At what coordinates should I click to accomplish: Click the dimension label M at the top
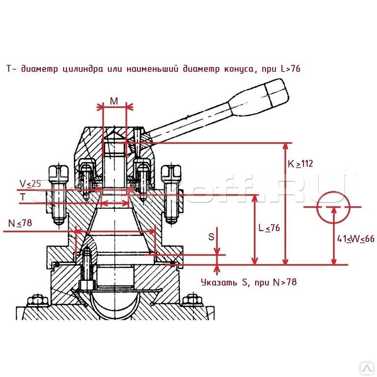[x=114, y=102]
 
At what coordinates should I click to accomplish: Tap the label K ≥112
[x=300, y=164]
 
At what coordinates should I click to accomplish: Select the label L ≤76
[x=269, y=228]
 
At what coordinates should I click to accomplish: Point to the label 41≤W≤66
[x=356, y=239]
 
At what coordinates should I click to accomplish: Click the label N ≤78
[x=21, y=223]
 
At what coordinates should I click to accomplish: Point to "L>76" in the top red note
[x=290, y=69]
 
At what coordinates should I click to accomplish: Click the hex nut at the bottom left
[x=36, y=300]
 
